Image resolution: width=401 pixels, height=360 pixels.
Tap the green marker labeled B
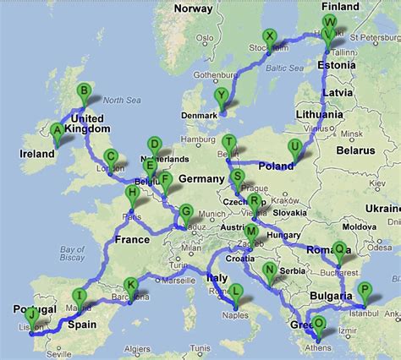pyautogui.click(x=84, y=92)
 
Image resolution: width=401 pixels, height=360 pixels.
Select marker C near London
pyautogui.click(x=111, y=156)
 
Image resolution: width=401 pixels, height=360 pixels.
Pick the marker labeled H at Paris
pyautogui.click(x=132, y=194)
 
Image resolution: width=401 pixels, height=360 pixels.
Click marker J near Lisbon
pyautogui.click(x=31, y=315)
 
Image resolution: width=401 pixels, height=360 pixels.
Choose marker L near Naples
pyautogui.click(x=236, y=292)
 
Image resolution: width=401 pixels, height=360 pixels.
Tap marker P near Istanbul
pyautogui.click(x=364, y=290)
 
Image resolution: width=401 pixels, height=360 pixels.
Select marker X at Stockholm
pyautogui.click(x=269, y=36)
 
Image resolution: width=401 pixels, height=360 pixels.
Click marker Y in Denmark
pyautogui.click(x=222, y=95)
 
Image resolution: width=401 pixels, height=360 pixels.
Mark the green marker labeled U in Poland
pyautogui.click(x=294, y=146)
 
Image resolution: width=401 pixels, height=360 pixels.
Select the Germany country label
pyautogui.click(x=200, y=179)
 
